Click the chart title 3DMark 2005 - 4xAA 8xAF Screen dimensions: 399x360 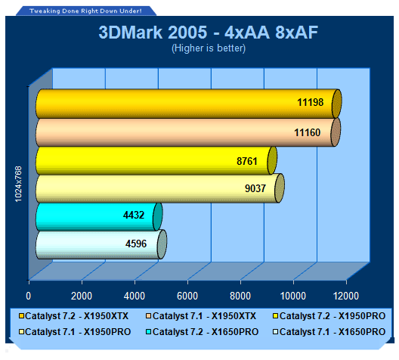coord(208,33)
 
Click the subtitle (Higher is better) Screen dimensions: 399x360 coord(209,48)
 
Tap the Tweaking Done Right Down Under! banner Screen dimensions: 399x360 coord(85,11)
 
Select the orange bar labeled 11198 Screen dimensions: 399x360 coord(188,104)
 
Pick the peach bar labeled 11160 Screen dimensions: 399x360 coord(188,132)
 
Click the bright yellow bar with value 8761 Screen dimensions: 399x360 coord(156,160)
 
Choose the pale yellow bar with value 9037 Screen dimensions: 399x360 coord(159,188)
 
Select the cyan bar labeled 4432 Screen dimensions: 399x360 coord(99,216)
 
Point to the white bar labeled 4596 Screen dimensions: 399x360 coord(101,244)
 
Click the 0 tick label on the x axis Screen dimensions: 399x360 coord(28,296)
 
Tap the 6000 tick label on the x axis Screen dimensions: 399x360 coord(187,296)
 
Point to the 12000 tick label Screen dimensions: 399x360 coord(346,296)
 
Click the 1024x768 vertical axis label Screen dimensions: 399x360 coord(18,184)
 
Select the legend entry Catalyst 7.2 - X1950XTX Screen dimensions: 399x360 coord(74,316)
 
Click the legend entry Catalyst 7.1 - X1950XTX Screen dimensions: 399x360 coord(201,316)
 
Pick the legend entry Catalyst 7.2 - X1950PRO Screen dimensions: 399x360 coord(329,316)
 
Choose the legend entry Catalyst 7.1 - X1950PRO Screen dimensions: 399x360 coord(75,332)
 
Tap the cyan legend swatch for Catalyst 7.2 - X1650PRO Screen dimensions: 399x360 coord(149,332)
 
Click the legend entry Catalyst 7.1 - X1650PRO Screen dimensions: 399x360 coord(329,332)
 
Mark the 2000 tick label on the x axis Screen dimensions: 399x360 coord(82,296)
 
